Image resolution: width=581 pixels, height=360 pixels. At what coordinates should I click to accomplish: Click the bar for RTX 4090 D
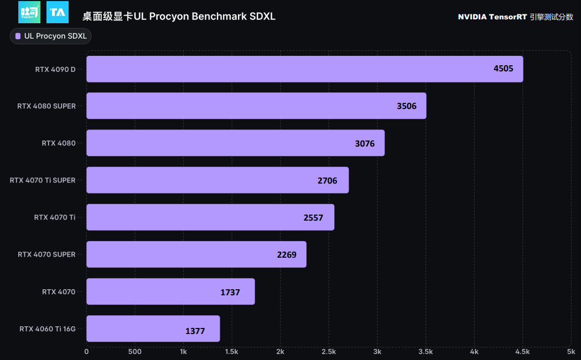point(304,69)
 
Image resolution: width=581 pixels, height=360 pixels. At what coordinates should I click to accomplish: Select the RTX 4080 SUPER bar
point(256,106)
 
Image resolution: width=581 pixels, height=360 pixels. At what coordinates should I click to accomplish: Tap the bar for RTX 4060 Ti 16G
point(153,328)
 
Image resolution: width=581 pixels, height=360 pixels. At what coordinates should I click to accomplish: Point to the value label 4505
point(504,69)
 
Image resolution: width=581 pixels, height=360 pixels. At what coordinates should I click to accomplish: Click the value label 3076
point(365,144)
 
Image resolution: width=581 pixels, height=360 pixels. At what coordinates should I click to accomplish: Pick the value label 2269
point(287,255)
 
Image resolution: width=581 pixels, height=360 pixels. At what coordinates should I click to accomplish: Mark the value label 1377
point(195,331)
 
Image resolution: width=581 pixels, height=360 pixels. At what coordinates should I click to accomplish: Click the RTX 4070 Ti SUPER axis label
point(43,180)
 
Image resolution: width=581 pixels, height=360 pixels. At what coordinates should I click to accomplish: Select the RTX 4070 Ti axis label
point(55,217)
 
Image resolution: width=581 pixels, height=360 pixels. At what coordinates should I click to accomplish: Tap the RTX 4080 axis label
point(59,143)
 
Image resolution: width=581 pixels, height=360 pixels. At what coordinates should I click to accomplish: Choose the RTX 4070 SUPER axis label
point(46,254)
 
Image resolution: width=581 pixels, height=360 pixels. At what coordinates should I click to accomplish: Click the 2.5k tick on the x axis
point(329,351)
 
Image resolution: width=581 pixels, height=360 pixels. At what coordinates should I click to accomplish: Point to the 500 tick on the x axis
point(134,351)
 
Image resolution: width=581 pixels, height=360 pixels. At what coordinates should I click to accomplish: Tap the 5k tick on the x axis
point(570,351)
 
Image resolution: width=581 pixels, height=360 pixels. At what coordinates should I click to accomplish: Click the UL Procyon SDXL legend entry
point(50,36)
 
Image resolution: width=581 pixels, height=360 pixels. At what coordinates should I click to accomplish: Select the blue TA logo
point(58,12)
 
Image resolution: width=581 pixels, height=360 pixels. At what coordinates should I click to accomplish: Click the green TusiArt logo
point(29,12)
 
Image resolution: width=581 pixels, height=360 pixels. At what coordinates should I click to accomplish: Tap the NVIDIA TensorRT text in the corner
point(491,17)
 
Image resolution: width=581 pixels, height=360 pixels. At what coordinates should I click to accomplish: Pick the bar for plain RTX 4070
point(170,291)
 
